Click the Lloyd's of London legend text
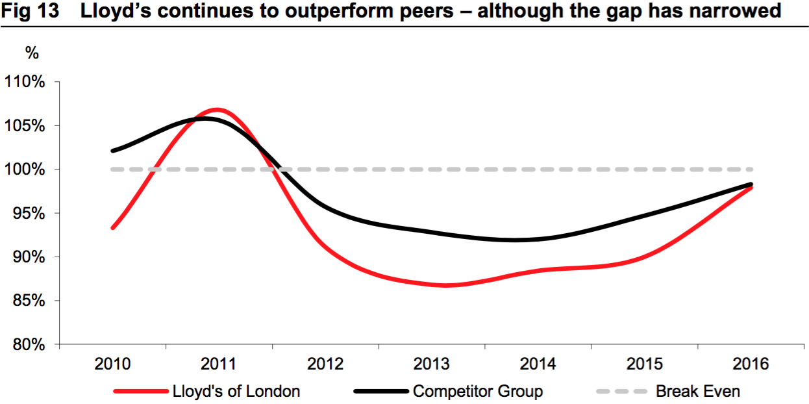(236, 391)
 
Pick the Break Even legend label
(697, 391)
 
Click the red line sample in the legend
(140, 392)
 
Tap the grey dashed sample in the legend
(621, 392)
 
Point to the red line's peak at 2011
(217, 110)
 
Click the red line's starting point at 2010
(113, 228)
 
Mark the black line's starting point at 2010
(113, 151)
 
